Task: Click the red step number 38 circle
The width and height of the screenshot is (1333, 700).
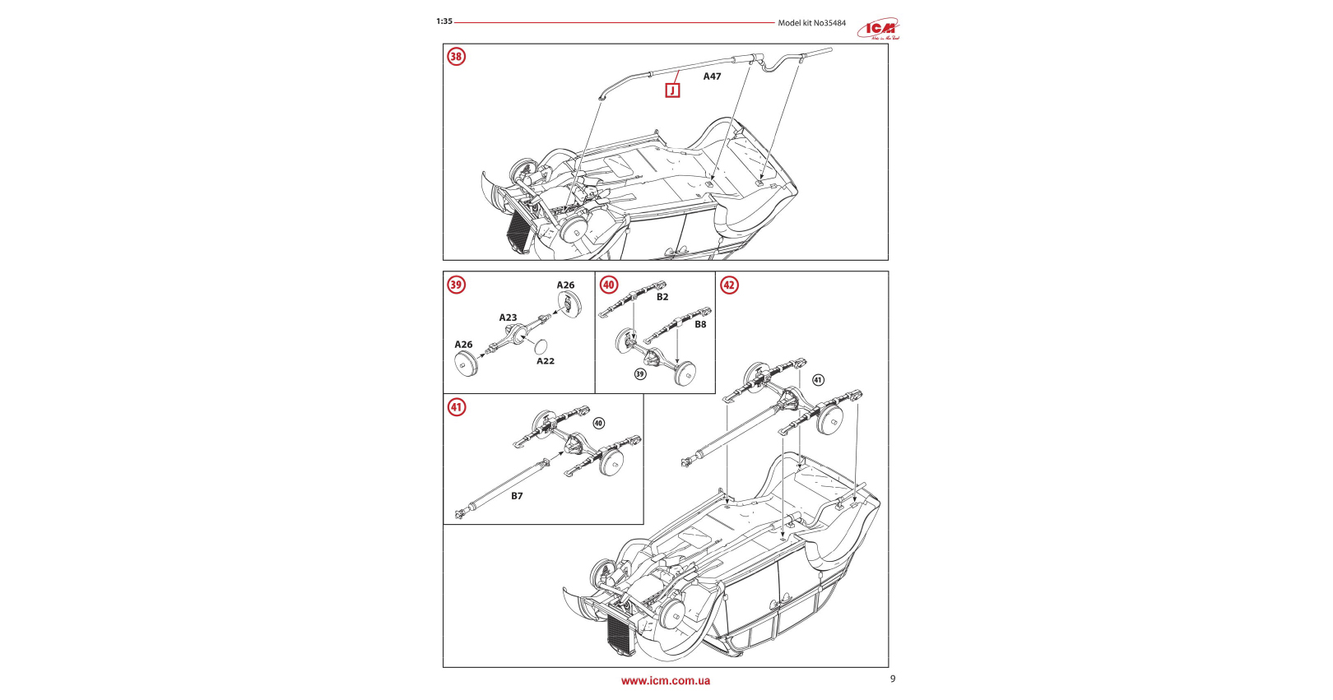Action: [x=456, y=57]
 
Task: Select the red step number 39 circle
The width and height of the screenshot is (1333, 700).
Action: [x=456, y=285]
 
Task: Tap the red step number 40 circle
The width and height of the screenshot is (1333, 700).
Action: [x=609, y=285]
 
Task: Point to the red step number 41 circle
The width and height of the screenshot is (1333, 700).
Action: [x=456, y=407]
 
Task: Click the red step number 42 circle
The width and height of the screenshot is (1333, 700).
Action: [x=729, y=285]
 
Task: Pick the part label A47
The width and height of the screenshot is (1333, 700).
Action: [x=712, y=76]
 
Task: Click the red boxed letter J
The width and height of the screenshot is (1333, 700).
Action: [x=672, y=90]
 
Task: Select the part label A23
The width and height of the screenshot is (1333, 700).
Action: [x=508, y=318]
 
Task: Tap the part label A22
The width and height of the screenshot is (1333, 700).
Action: [x=546, y=361]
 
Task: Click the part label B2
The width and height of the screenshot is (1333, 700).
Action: [x=662, y=297]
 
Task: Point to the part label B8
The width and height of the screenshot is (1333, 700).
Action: [x=700, y=324]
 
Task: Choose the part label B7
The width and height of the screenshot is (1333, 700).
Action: [x=517, y=496]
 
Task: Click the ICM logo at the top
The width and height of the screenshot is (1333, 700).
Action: [x=879, y=30]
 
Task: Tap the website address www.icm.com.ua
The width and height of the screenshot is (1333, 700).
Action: [x=666, y=681]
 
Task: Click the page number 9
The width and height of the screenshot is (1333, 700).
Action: [x=893, y=679]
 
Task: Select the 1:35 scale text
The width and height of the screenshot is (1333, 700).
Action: [x=444, y=21]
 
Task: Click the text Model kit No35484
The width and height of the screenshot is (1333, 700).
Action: [x=811, y=23]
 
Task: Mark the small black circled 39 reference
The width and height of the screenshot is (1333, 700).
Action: [x=640, y=374]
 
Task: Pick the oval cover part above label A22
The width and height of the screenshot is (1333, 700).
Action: [x=541, y=345]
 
